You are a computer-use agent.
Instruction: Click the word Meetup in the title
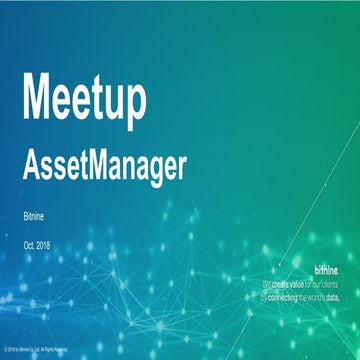tap(84, 98)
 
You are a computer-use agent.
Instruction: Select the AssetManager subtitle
tap(104, 166)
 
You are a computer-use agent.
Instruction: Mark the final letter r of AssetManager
tap(182, 168)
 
